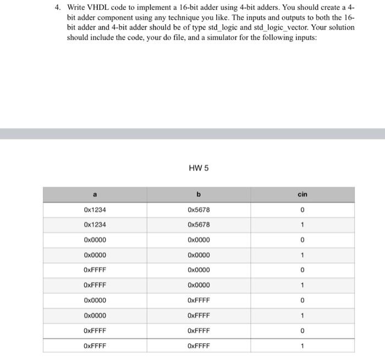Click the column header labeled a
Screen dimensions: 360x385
[95, 194]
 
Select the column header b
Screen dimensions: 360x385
[199, 194]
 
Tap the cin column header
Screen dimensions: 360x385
[302, 194]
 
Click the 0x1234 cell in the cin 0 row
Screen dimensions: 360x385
[95, 209]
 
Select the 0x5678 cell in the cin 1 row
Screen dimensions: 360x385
[199, 225]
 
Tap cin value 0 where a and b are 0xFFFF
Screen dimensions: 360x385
[302, 331]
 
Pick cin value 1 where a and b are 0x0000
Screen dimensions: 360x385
[302, 255]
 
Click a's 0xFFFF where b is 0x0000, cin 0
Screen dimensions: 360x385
[95, 270]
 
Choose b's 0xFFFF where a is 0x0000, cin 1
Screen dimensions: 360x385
[199, 315]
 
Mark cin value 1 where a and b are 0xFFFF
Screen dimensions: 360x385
[302, 346]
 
